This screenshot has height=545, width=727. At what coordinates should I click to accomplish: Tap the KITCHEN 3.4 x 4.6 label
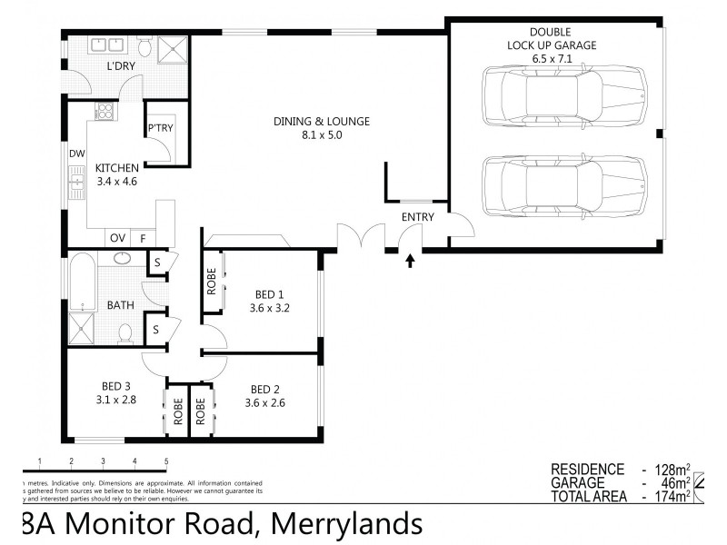116,173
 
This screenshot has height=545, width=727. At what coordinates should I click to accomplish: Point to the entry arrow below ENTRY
410,262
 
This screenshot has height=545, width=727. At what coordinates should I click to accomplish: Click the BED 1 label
270,300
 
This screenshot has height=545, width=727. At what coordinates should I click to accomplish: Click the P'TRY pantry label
160,130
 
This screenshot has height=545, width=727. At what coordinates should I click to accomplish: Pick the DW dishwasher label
76,154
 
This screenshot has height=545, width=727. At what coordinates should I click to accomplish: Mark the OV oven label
117,238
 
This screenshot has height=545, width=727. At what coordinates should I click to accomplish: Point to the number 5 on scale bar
166,461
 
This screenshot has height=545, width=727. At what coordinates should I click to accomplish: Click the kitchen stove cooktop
104,113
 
